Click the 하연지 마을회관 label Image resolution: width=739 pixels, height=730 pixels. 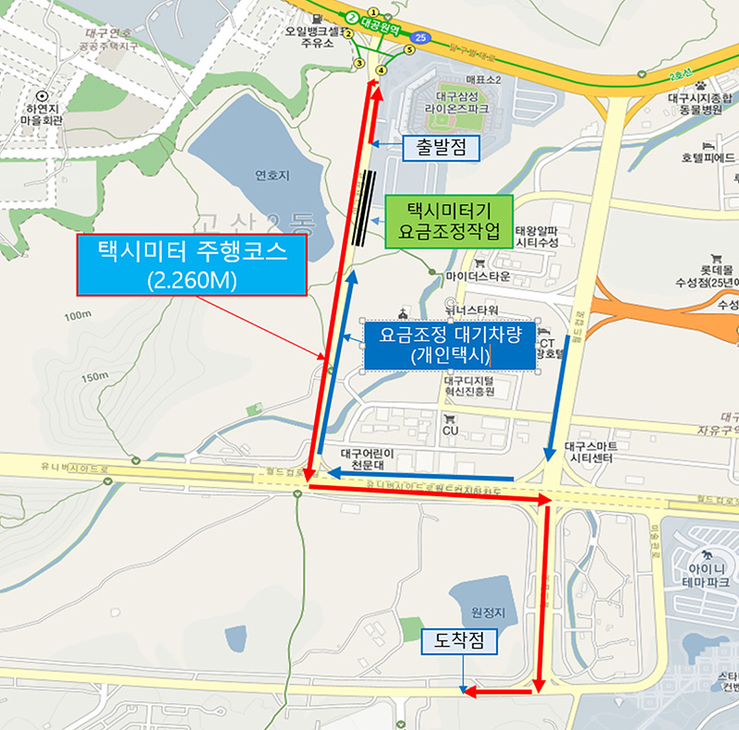[42, 114]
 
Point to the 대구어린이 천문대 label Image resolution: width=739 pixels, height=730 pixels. [368, 459]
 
